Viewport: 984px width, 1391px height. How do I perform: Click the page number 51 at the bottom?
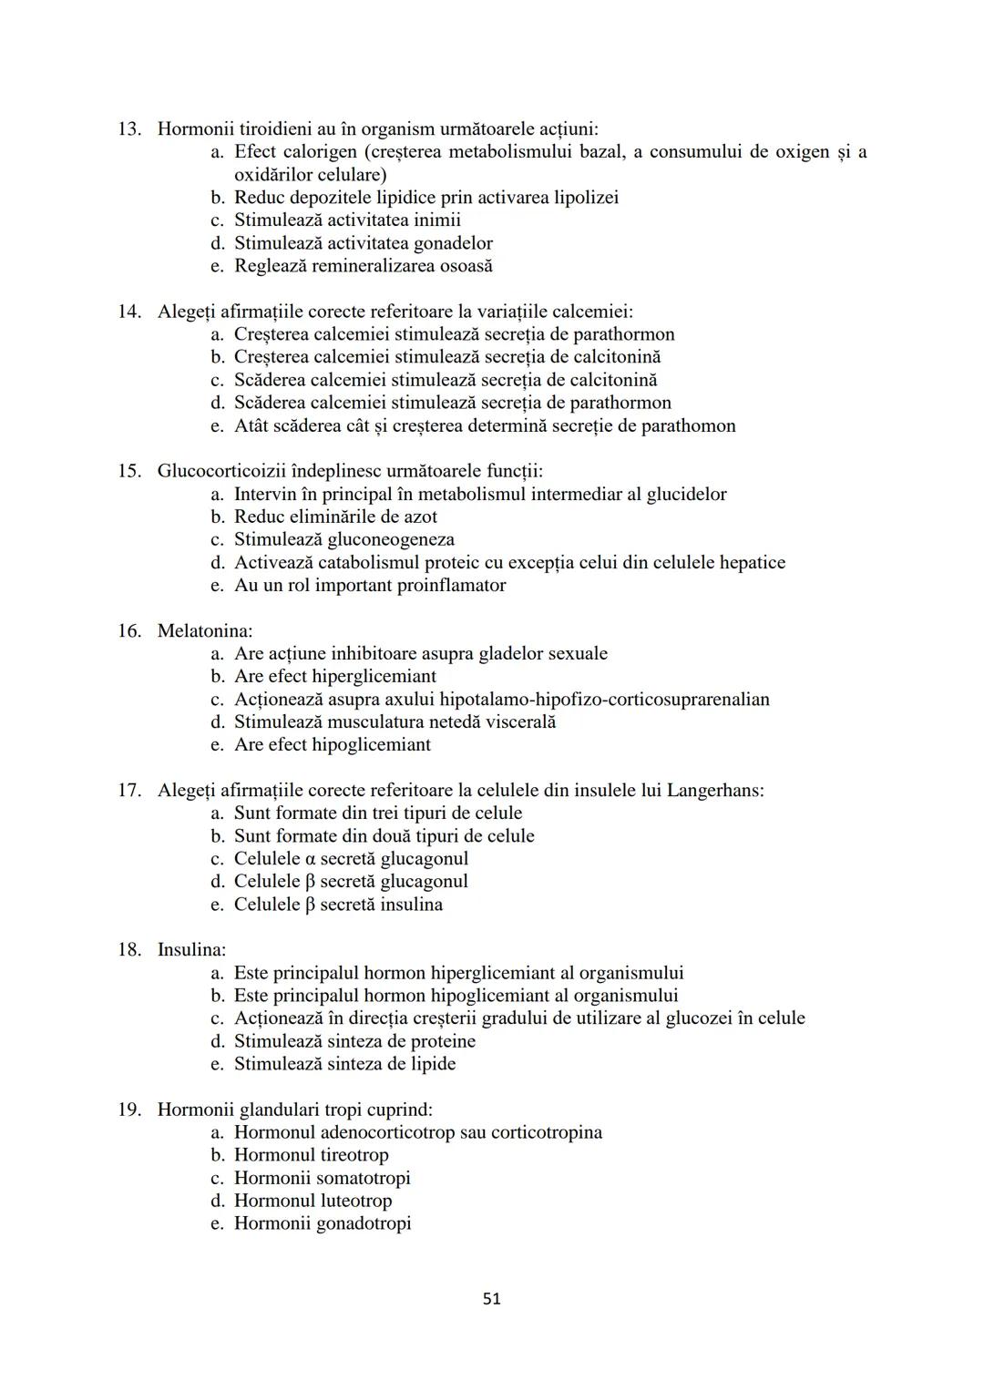tap(491, 1299)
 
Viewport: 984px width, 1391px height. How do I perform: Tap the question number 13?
tap(128, 129)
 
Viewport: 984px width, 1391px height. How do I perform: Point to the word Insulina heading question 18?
tap(191, 949)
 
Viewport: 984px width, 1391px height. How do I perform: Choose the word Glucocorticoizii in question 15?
tap(224, 471)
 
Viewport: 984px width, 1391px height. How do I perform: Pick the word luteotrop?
tap(352, 1201)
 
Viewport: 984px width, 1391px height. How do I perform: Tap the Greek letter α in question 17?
tap(306, 859)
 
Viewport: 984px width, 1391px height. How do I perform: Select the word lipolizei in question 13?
tap(586, 198)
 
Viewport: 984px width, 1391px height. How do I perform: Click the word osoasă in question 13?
tap(466, 266)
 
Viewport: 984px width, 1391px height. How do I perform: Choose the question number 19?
tap(128, 1110)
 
